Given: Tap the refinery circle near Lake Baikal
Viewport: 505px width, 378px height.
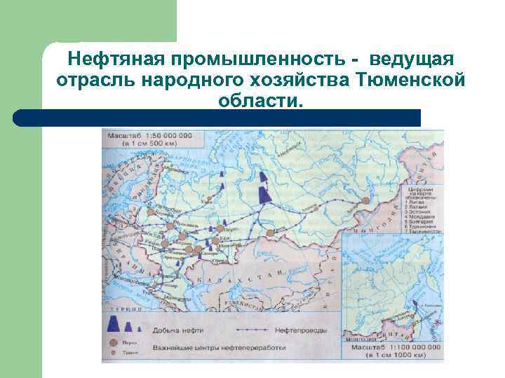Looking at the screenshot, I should (x=365, y=201).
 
